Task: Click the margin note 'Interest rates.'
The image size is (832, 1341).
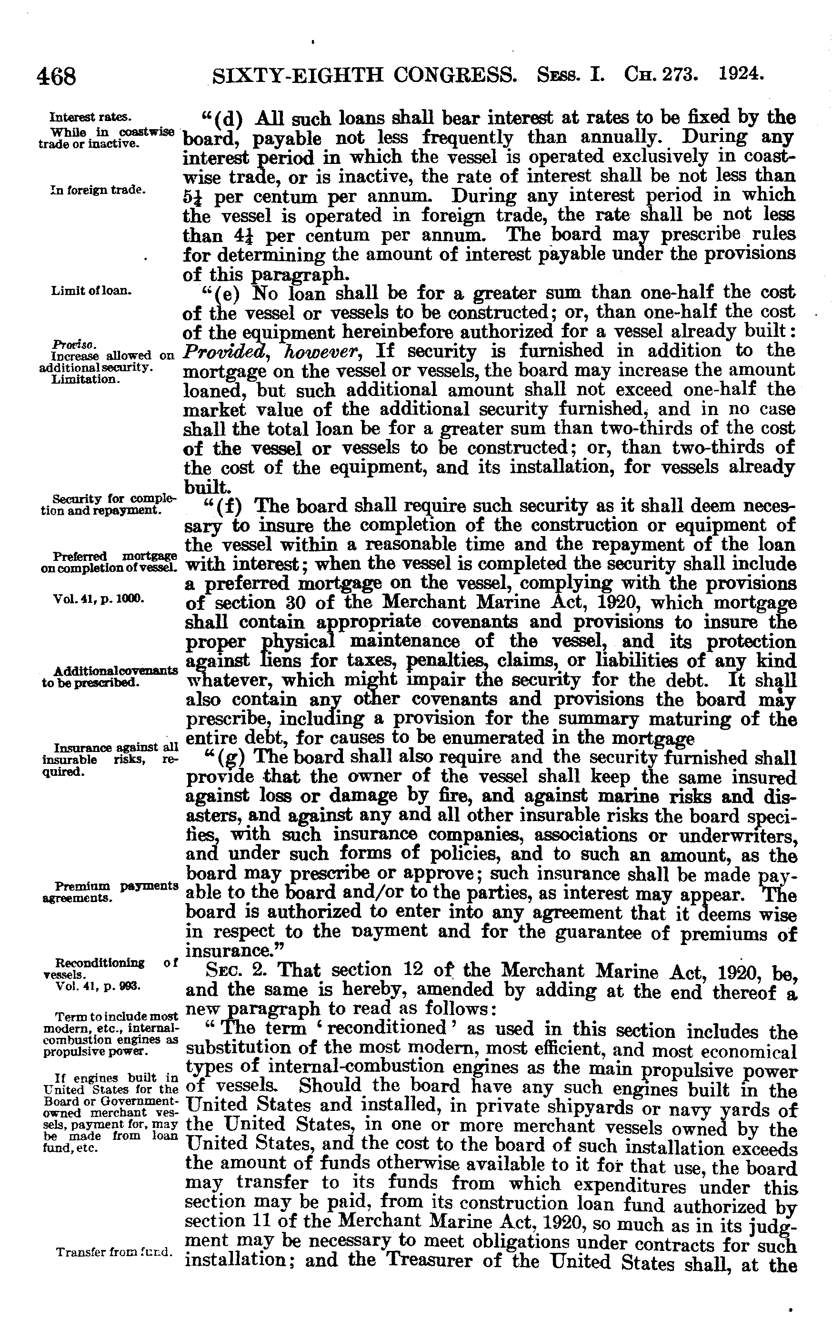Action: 90,117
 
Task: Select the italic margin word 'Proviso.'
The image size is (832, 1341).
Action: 68,345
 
